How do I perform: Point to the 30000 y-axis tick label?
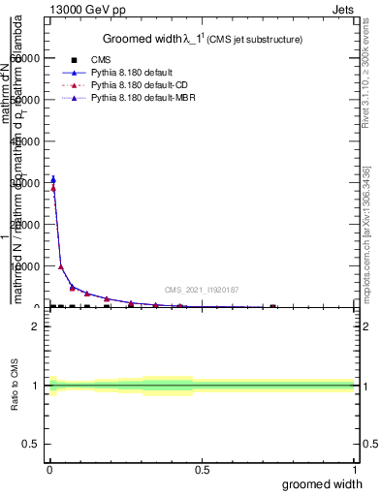[x=27, y=182]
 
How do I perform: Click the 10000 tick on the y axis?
[x=27, y=265]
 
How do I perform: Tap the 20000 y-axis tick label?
[x=27, y=224]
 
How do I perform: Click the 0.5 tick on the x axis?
[x=202, y=470]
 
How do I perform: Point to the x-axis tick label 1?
[x=354, y=470]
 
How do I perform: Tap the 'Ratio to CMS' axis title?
[x=15, y=387]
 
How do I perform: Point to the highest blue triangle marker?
[x=52, y=178]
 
